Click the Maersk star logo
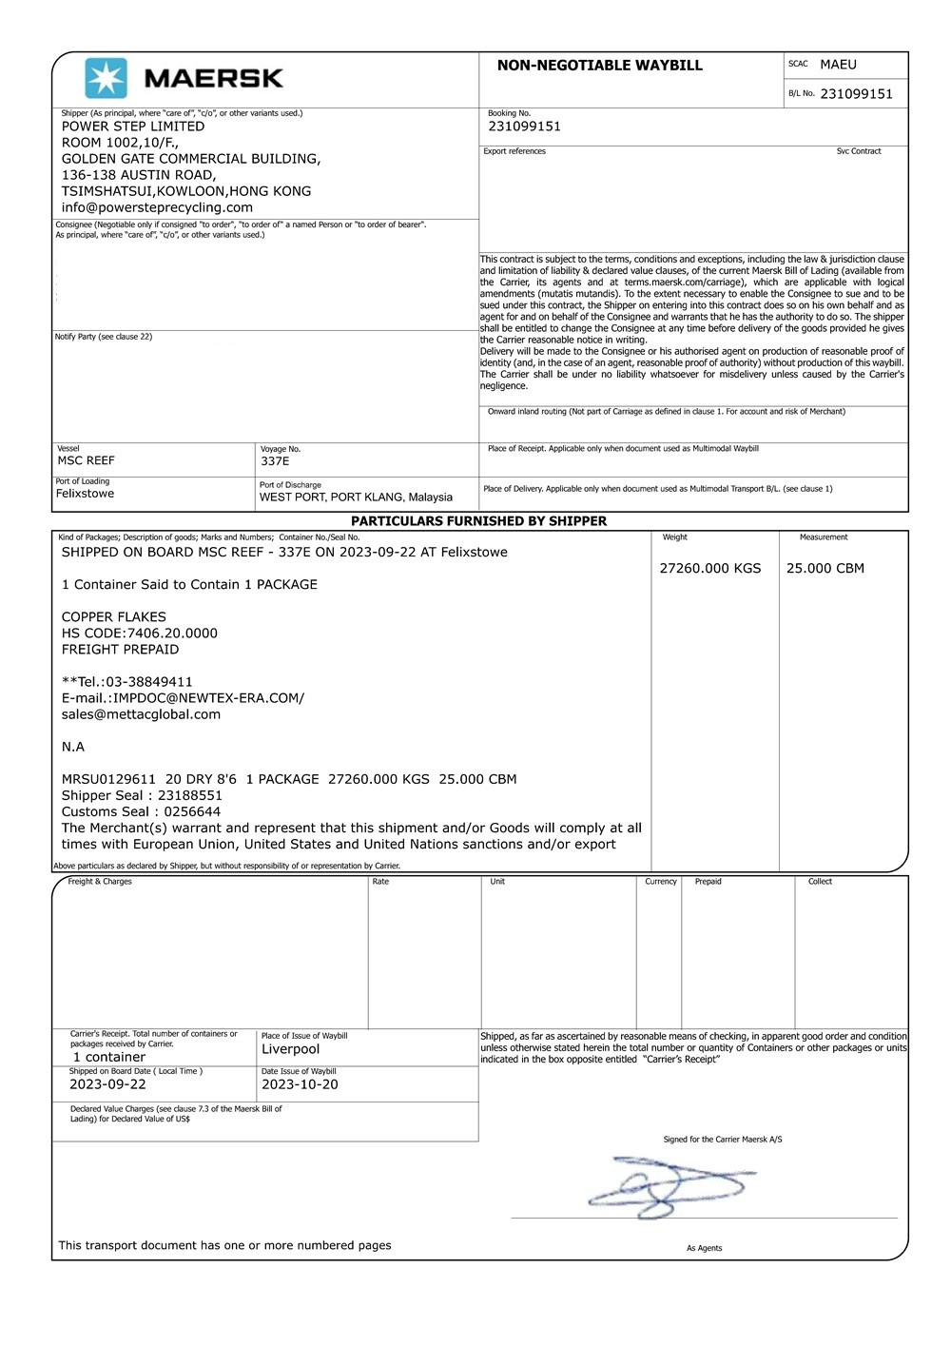point(106,78)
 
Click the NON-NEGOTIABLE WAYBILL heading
point(599,66)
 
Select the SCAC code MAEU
point(838,65)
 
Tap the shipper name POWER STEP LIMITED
point(133,127)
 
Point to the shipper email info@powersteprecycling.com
point(157,207)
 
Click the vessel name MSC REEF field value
point(87,460)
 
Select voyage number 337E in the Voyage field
point(275,461)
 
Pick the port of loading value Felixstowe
point(85,494)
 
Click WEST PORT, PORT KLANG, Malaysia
point(356,497)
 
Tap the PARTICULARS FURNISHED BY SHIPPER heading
point(478,521)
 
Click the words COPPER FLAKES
point(114,616)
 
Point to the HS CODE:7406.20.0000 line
point(140,633)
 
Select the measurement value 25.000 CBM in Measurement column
point(825,568)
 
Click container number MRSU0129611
point(108,779)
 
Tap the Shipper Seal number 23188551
point(190,795)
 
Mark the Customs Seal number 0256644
point(192,811)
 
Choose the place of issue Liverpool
point(290,1049)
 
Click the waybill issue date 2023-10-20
point(300,1084)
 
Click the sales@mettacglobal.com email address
point(141,714)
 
